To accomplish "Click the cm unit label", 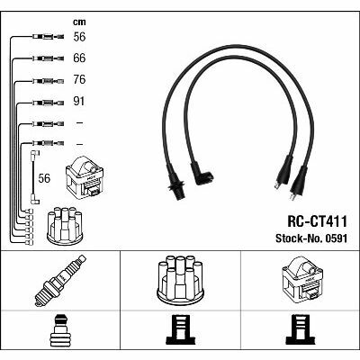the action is pyautogui.click(x=79, y=22).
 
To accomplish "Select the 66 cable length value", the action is pyautogui.click(x=79, y=58).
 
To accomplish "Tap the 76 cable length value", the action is pyautogui.click(x=79, y=80).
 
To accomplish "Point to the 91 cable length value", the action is pyautogui.click(x=79, y=102).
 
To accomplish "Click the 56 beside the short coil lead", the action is pyautogui.click(x=44, y=178).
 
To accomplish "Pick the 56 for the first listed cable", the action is pyautogui.click(x=79, y=37).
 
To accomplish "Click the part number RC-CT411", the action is pyautogui.click(x=317, y=221).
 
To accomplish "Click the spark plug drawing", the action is pyautogui.click(x=60, y=281).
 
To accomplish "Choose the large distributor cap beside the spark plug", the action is pyautogui.click(x=180, y=279).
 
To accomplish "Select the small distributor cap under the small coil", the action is pyautogui.click(x=65, y=226).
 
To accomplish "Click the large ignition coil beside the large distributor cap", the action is pyautogui.click(x=301, y=278).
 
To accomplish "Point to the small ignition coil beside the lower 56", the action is pyautogui.click(x=85, y=177).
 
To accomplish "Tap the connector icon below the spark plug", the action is pyautogui.click(x=60, y=330).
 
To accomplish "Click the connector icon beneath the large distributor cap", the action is pyautogui.click(x=180, y=329).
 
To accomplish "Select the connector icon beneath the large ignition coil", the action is pyautogui.click(x=301, y=329).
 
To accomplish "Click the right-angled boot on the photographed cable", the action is pyautogui.click(x=201, y=175).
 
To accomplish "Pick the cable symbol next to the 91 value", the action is pyautogui.click(x=48, y=103).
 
